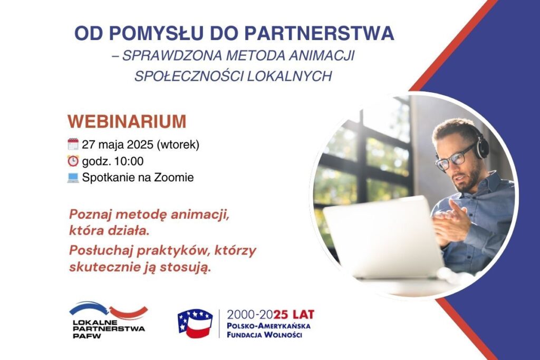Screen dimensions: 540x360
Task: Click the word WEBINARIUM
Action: point(127,121)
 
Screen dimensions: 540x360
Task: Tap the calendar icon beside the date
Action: point(73,144)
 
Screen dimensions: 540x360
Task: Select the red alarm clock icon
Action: point(73,161)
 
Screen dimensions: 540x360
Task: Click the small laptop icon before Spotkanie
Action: point(73,177)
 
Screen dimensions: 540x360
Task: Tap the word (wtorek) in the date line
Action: point(178,144)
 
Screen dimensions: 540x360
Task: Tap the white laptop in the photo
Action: point(382,238)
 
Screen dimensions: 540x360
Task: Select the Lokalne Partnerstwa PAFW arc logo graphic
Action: point(109,310)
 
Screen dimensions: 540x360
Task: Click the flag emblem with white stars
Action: point(195,323)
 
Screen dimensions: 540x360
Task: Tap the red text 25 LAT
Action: point(294,315)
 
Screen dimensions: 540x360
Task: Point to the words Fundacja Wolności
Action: point(264,335)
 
